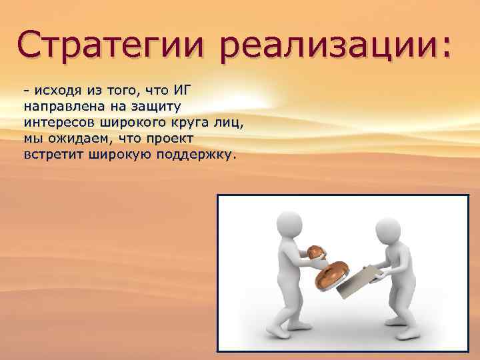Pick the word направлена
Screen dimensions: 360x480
coord(56,107)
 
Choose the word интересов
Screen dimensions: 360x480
coord(58,123)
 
